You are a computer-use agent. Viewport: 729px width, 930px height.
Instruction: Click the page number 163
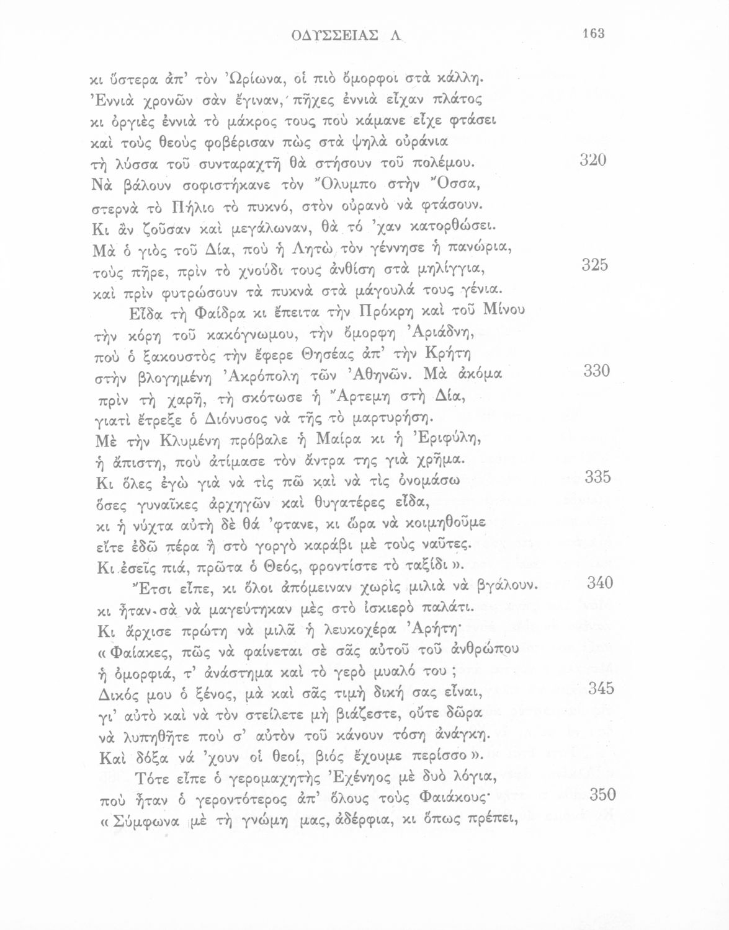click(593, 33)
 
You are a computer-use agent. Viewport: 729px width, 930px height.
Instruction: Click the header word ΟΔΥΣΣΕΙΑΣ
click(334, 35)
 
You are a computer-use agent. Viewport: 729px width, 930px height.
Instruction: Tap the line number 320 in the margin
click(593, 160)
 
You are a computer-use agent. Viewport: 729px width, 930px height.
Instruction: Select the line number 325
click(594, 265)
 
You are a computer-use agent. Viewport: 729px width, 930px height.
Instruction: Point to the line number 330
click(597, 371)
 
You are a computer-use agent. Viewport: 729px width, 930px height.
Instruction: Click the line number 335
click(598, 477)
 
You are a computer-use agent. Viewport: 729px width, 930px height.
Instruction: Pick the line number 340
click(599, 583)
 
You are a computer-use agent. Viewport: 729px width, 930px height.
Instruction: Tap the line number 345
click(601, 688)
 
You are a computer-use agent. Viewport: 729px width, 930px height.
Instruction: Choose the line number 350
click(602, 794)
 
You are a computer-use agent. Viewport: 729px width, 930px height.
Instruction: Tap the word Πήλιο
click(186, 205)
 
